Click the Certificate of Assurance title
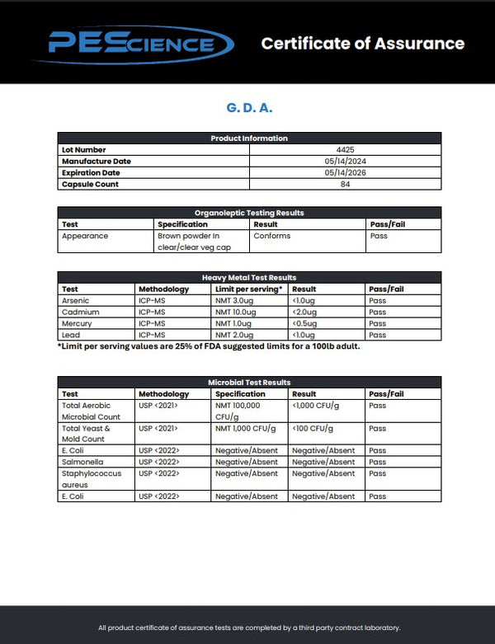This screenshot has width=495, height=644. [x=362, y=44]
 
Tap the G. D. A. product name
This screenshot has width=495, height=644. [x=249, y=108]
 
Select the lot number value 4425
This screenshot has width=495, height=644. [x=345, y=149]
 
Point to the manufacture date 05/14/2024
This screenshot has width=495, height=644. [x=345, y=161]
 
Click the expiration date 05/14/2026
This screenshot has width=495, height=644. [x=345, y=172]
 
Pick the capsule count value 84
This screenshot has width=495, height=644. [x=345, y=184]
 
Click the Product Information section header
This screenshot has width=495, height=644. [x=249, y=138]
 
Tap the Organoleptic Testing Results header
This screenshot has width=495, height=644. [x=249, y=213]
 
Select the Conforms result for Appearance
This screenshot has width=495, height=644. [x=271, y=236]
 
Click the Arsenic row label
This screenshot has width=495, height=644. [x=76, y=301]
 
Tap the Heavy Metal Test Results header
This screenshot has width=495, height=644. [x=249, y=278]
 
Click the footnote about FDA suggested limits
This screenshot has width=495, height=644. [x=209, y=346]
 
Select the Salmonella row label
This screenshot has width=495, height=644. [x=81, y=462]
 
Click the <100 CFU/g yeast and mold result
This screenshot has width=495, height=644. [x=313, y=429]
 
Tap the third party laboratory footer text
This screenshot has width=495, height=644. [x=249, y=628]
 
